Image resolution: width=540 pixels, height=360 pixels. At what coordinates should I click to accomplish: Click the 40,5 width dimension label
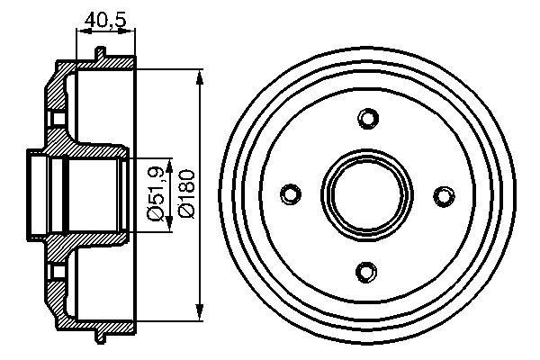[105, 19]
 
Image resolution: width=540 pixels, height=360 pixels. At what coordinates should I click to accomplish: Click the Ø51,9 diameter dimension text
[156, 194]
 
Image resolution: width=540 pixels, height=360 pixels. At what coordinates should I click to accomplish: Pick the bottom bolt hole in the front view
[365, 272]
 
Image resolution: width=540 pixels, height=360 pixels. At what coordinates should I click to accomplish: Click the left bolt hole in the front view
[291, 193]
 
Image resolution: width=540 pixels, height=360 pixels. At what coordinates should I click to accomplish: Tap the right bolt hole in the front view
[444, 195]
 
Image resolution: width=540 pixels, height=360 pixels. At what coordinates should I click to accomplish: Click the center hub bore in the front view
[367, 194]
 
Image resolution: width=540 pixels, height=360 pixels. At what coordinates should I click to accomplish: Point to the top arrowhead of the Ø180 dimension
[199, 77]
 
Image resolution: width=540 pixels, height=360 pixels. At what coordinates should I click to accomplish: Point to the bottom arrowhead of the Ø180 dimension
[199, 311]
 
